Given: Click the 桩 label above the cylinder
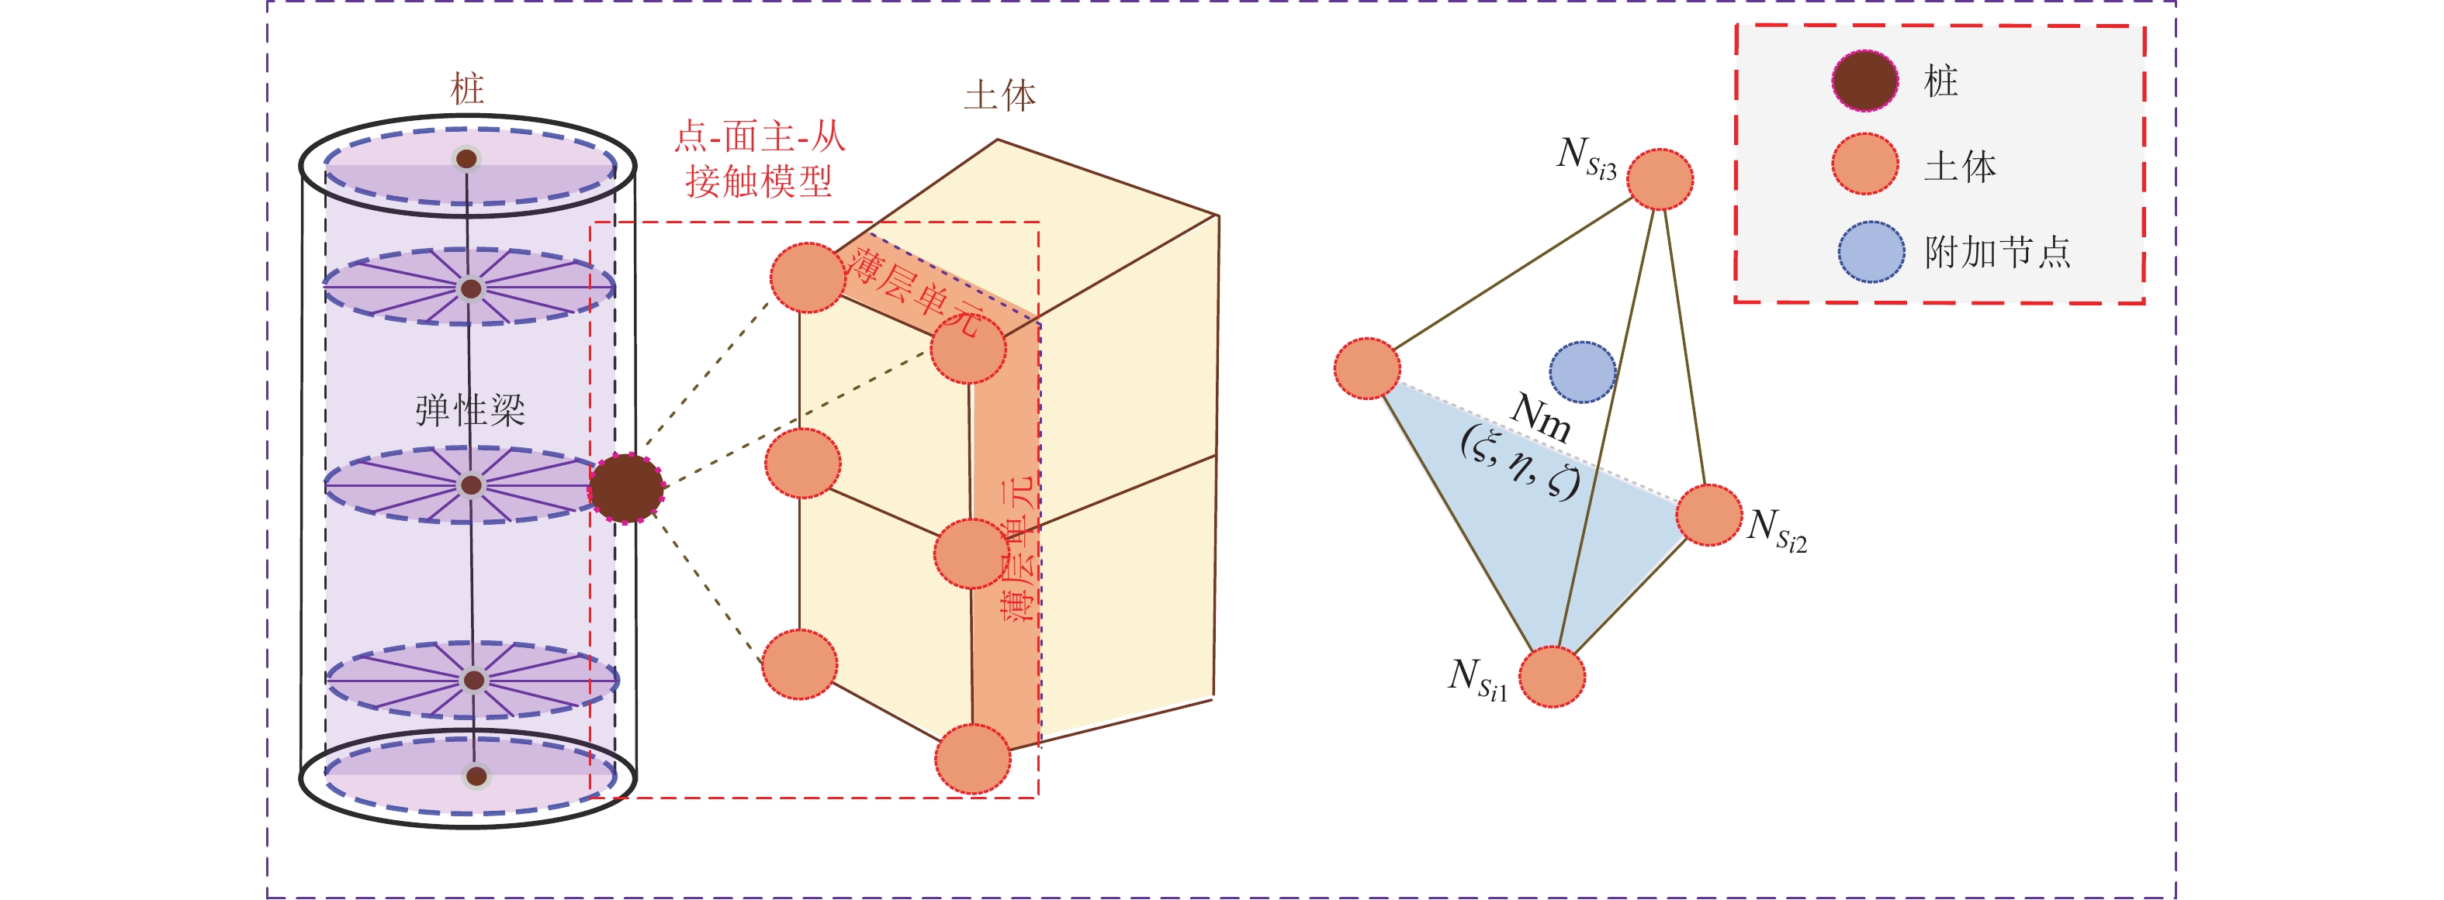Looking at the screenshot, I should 467,89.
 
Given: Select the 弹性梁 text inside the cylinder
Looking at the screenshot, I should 469,411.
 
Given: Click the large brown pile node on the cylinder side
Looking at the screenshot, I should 626,488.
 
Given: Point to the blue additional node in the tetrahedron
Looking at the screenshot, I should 1583,372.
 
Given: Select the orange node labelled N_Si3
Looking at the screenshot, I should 1660,178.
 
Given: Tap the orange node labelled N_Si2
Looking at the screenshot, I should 1708,515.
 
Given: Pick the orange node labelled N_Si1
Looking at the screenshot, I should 1553,676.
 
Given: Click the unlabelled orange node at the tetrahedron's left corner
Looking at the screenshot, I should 1367,368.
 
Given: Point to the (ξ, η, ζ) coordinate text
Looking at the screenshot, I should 1521,462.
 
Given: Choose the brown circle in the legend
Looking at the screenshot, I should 1865,81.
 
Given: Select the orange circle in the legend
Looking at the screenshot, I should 1865,164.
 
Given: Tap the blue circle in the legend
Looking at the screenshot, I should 1870,252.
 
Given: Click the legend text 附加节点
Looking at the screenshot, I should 1997,252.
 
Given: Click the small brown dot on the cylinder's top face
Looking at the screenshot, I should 466,158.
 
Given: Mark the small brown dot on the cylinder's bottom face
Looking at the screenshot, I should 476,777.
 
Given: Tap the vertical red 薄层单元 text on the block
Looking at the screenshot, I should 1019,550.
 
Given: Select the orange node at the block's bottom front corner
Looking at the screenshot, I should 972,759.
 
